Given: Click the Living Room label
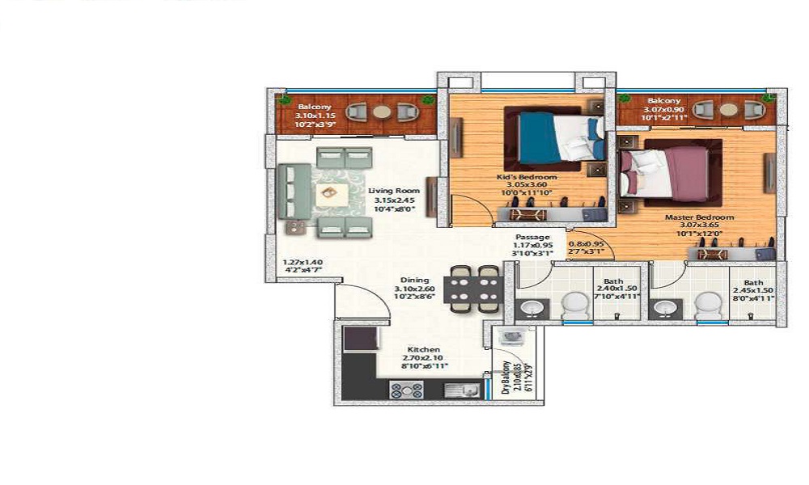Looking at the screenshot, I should (392, 192).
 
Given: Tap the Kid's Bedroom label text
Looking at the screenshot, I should (527, 176).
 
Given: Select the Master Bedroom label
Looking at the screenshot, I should (699, 217).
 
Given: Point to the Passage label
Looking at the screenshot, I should (532, 237).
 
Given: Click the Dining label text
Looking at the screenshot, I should (413, 280).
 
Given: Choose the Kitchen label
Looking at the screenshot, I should (424, 349).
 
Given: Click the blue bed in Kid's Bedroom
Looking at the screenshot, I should (555, 137).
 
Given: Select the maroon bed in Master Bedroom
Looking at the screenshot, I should (671, 170).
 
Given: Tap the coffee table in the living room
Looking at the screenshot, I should (328, 193).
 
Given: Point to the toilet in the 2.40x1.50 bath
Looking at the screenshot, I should (575, 306).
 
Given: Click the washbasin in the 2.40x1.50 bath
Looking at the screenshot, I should (532, 308).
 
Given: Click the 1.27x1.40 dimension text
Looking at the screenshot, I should (303, 263).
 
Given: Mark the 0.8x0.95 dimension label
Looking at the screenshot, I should (587, 243).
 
